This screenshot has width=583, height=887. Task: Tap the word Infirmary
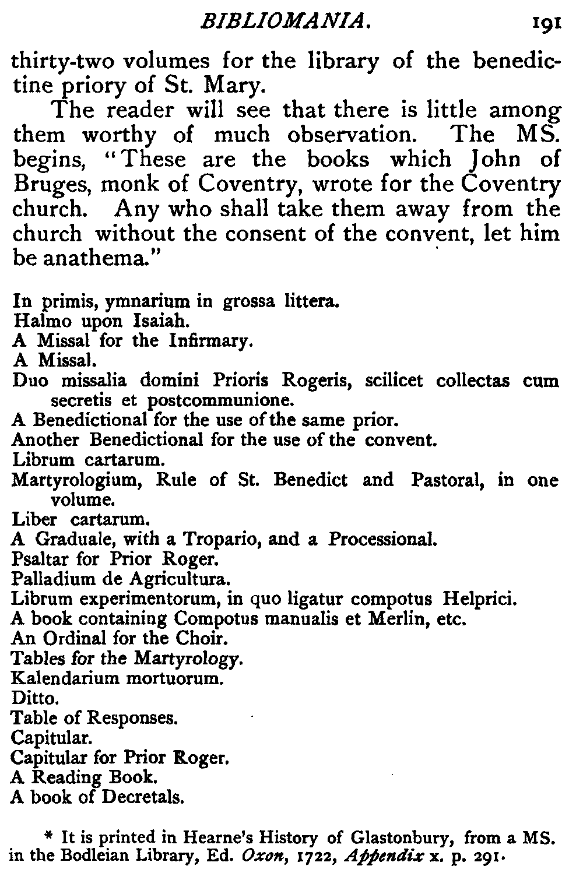point(209,340)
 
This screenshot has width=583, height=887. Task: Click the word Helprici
point(480,599)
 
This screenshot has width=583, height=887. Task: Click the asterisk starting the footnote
point(50,837)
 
